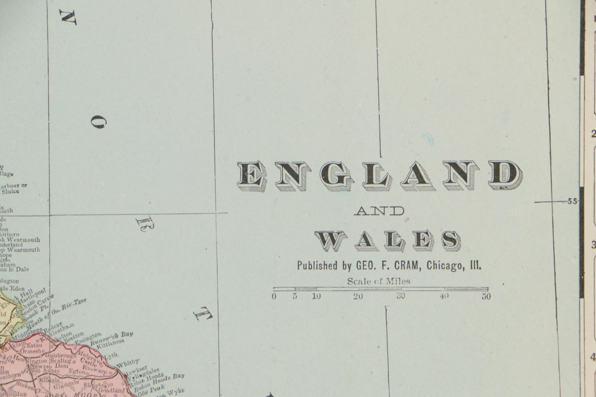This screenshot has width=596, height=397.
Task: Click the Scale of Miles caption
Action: tap(379, 281)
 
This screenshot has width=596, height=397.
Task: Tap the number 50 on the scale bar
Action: tap(486, 297)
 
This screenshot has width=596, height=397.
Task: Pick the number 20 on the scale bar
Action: tap(358, 297)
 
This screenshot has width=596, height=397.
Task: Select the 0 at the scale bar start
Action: tap(274, 297)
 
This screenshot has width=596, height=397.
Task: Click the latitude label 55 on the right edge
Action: tap(572, 201)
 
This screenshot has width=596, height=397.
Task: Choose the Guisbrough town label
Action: tap(61, 355)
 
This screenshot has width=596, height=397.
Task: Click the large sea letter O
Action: tap(99, 122)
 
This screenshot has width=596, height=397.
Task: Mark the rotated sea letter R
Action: tap(145, 224)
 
